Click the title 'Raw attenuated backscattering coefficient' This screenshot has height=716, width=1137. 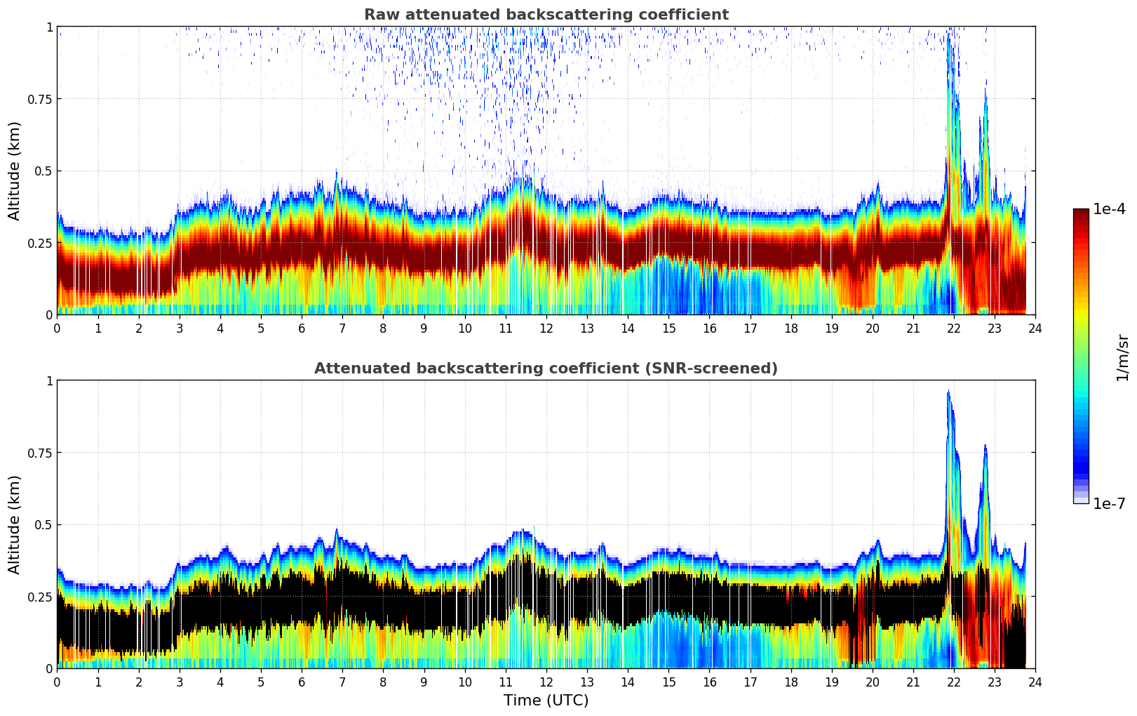coord(546,15)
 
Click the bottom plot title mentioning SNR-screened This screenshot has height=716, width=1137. coord(546,369)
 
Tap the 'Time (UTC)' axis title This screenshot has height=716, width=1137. coord(546,701)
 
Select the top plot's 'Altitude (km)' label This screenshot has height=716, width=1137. coord(15,171)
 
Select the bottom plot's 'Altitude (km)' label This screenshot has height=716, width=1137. coord(15,524)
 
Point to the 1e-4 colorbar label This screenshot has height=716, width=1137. coord(1109,209)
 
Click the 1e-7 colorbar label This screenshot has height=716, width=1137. coord(1109,503)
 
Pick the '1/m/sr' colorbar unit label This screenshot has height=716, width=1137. coord(1122,357)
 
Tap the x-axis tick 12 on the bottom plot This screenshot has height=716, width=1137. coord(546,682)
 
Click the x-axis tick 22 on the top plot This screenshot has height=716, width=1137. coord(954,328)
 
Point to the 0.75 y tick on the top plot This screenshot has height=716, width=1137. coord(40,99)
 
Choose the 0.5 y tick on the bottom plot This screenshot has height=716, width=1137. coord(43,524)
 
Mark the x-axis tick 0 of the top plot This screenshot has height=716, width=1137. coord(58,328)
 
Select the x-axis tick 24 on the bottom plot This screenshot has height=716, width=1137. coord(1035,682)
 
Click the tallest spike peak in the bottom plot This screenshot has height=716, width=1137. coord(948,392)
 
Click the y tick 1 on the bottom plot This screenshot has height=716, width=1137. coord(49,380)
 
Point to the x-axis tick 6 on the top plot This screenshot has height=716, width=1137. coord(302,328)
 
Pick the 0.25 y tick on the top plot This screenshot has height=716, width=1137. coord(40,243)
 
